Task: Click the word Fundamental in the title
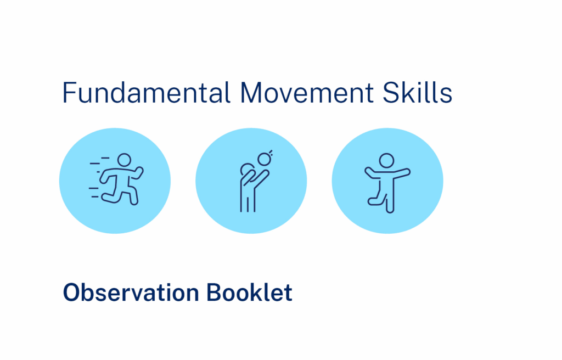pyautogui.click(x=146, y=93)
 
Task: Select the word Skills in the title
pyautogui.click(x=417, y=93)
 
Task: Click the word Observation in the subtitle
pyautogui.click(x=131, y=292)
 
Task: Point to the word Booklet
pyautogui.click(x=250, y=292)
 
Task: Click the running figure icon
pyautogui.click(x=116, y=179)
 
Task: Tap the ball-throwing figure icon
pyautogui.click(x=256, y=181)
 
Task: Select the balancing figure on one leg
pyautogui.click(x=387, y=183)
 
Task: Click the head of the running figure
pyautogui.click(x=125, y=160)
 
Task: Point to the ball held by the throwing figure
pyautogui.click(x=264, y=159)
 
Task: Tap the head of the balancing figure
pyautogui.click(x=387, y=161)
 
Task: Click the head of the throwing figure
pyautogui.click(x=247, y=170)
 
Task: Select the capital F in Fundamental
pyautogui.click(x=69, y=93)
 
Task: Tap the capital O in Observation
pyautogui.click(x=73, y=292)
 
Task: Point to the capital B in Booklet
pyautogui.click(x=215, y=292)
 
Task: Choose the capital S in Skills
pyautogui.click(x=390, y=93)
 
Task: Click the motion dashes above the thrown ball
pyautogui.click(x=271, y=153)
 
